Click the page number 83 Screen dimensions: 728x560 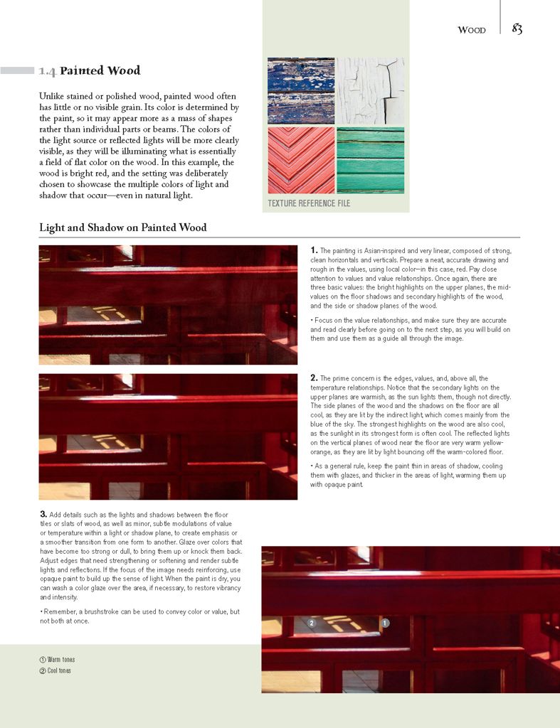tap(517, 29)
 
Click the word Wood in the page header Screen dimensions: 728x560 tap(472, 30)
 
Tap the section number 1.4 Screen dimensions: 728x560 tap(48, 71)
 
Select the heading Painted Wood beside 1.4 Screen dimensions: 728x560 tap(100, 71)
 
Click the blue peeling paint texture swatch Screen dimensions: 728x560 tap(301, 90)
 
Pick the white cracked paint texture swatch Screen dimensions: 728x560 tap(370, 90)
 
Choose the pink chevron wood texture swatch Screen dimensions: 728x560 tap(301, 160)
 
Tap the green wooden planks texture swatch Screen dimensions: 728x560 tap(370, 160)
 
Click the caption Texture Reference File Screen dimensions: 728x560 tap(309, 203)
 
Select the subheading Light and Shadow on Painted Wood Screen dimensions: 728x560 tap(122, 228)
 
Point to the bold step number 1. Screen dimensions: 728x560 tap(314, 250)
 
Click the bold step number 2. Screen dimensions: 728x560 tap(314, 378)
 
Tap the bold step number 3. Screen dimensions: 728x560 tap(43, 514)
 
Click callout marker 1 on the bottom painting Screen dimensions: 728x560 tap(385, 623)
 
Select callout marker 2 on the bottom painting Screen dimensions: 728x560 tap(311, 623)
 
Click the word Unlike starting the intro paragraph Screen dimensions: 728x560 tap(51, 96)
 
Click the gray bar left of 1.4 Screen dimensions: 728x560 tap(17, 71)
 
